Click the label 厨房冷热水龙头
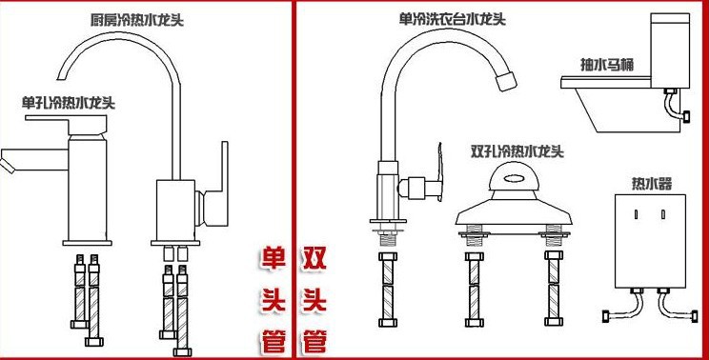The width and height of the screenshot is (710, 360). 136,20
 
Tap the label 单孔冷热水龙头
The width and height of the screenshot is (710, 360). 69,103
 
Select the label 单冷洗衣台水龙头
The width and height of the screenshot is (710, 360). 452,19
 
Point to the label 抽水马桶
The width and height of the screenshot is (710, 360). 607,65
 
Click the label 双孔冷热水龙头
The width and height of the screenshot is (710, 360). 517,151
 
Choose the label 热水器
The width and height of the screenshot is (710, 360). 652,184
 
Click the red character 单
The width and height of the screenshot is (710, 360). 274,259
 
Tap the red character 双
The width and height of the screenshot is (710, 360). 314,259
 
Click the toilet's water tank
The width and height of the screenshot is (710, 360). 670,50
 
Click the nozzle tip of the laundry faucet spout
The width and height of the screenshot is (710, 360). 506,81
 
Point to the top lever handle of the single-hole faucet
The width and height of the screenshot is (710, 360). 66,122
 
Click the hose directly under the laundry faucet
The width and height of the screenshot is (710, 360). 388,290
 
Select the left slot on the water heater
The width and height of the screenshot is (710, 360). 637,214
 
